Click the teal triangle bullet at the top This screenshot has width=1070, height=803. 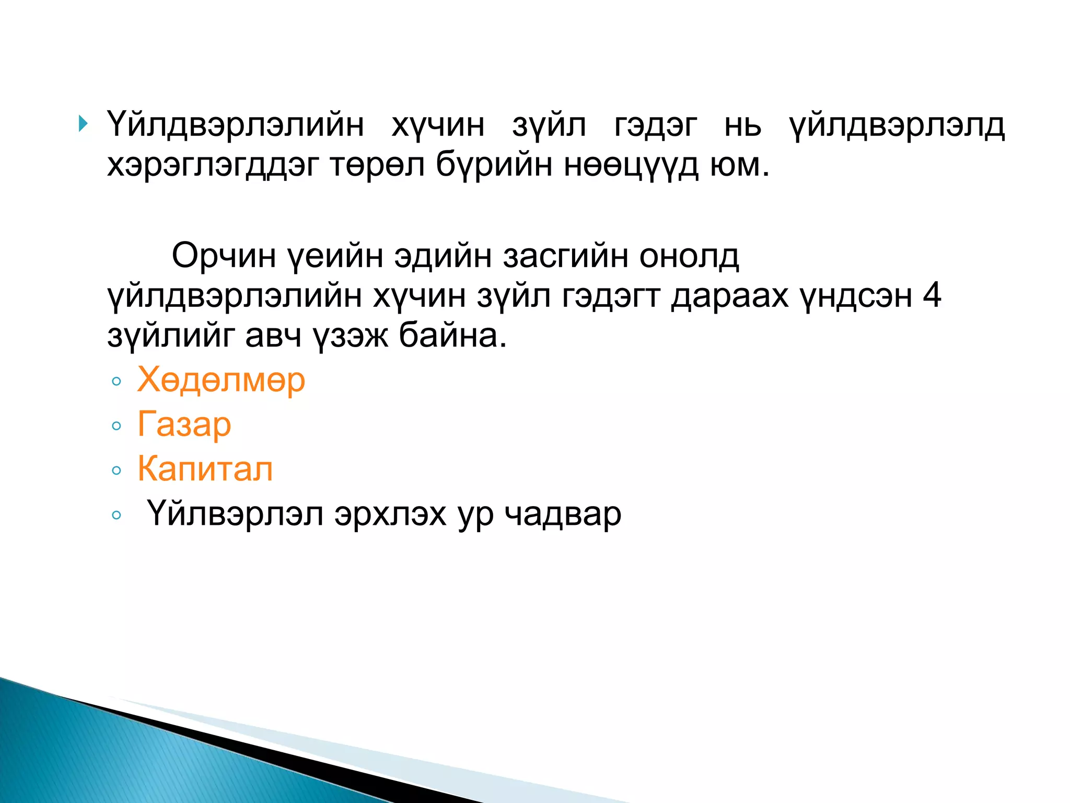click(x=83, y=124)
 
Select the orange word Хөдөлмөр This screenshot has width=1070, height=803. click(x=221, y=380)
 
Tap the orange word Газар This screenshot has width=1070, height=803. click(x=184, y=425)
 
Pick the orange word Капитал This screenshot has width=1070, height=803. click(x=205, y=469)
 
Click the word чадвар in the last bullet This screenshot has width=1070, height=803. click(x=563, y=514)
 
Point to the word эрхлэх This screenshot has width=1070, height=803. click(x=390, y=514)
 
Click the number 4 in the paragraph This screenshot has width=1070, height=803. click(x=932, y=295)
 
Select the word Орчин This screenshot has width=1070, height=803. click(x=224, y=256)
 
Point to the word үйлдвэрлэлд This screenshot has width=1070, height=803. click(x=897, y=126)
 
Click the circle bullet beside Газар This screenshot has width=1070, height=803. click(x=117, y=426)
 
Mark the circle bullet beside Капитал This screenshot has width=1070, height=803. click(x=117, y=471)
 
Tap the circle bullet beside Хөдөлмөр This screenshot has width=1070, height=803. click(x=117, y=381)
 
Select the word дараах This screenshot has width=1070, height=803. click(x=729, y=296)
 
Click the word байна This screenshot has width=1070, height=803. click(x=452, y=336)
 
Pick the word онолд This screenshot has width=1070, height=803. click(x=689, y=256)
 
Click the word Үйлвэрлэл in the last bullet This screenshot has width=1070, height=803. click(x=235, y=514)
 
